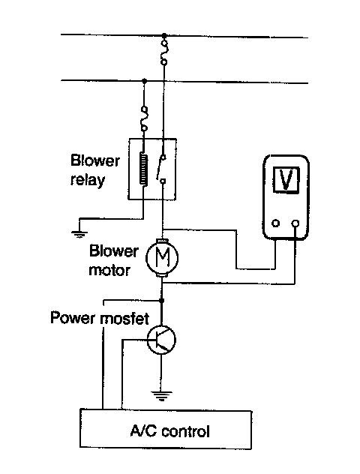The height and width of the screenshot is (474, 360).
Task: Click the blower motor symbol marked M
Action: (162, 257)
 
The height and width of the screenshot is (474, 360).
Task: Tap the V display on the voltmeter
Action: (286, 179)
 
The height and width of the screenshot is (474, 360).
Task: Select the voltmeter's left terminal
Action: (276, 223)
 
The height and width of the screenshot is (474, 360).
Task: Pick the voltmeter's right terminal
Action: (295, 223)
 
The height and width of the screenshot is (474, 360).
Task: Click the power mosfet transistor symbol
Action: (161, 340)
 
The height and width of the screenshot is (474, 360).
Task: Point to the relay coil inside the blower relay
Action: (143, 169)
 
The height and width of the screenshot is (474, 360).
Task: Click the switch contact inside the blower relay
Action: (161, 169)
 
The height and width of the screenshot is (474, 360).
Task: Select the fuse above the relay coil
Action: (145, 118)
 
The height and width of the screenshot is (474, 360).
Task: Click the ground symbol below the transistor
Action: (162, 395)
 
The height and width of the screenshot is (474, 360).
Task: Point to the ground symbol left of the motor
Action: (79, 234)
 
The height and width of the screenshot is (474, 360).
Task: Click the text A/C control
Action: (169, 430)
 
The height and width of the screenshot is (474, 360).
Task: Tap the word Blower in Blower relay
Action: (95, 160)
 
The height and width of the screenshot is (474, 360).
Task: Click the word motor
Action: (109, 270)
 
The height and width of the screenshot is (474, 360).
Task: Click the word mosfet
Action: (124, 318)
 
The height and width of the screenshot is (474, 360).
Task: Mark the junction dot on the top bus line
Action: (164, 36)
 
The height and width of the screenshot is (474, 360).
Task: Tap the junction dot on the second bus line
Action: (145, 81)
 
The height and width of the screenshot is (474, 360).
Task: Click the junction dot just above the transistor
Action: (162, 301)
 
